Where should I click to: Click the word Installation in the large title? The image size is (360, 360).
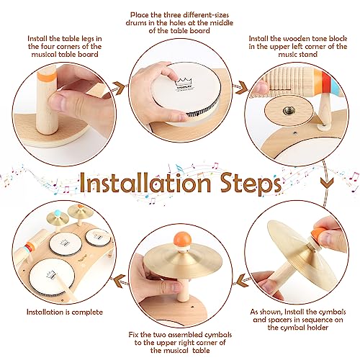click(x=145, y=183)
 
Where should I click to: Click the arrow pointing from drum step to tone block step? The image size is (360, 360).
click(x=240, y=88)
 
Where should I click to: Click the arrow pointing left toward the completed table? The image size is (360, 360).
click(x=120, y=281)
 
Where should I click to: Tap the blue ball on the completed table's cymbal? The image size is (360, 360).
click(x=57, y=212)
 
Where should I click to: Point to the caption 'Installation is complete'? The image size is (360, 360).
click(x=65, y=312)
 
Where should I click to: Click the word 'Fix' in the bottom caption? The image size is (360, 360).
click(x=135, y=335)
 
